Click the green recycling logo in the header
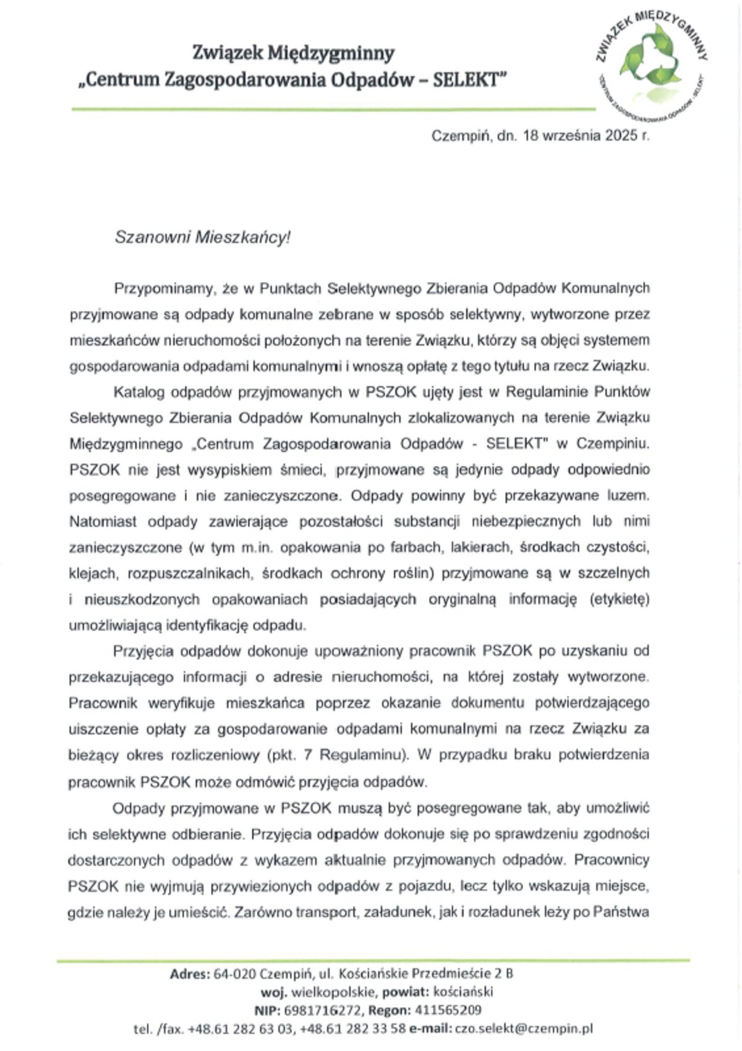click(x=652, y=62)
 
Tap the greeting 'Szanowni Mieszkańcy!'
click(x=202, y=238)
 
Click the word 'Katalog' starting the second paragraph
click(x=139, y=392)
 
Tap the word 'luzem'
click(x=628, y=496)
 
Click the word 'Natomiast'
click(x=103, y=522)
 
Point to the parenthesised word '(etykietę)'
click(x=619, y=599)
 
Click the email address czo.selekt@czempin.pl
click(x=524, y=1029)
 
